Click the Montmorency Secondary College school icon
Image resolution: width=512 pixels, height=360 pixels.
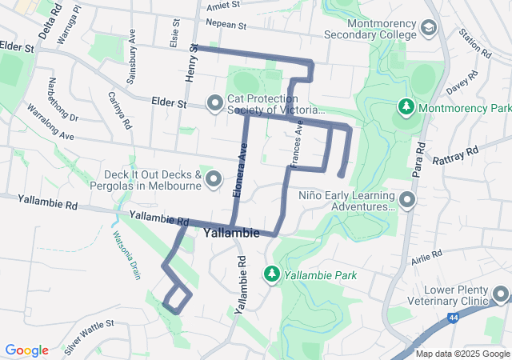pos(429,29)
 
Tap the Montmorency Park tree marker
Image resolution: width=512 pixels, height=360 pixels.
pos(406,106)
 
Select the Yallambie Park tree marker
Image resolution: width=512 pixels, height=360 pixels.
pos(272,274)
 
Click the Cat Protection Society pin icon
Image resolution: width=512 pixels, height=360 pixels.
pos(214,103)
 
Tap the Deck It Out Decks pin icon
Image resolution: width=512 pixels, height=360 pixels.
pos(214,179)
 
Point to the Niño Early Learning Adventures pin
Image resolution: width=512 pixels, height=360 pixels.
pos(407,199)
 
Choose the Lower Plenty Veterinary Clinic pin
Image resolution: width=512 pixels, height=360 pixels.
pos(501,296)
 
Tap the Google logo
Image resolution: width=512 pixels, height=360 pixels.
pos(27,350)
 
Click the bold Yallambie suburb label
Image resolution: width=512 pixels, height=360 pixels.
pos(231,234)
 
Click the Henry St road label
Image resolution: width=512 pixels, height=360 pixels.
pos(192,61)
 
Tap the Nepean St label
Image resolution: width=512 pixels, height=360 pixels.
pos(226,25)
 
